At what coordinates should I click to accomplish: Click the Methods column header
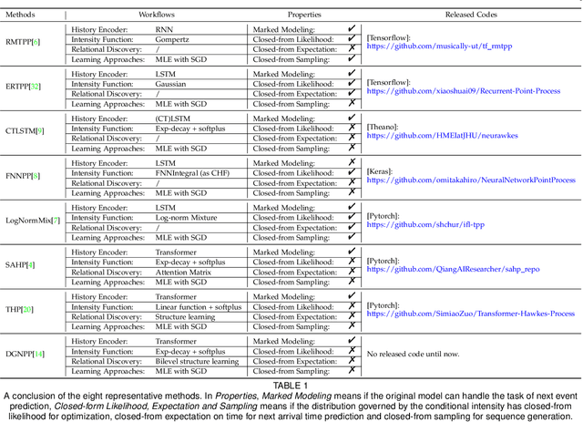tap(22, 15)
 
